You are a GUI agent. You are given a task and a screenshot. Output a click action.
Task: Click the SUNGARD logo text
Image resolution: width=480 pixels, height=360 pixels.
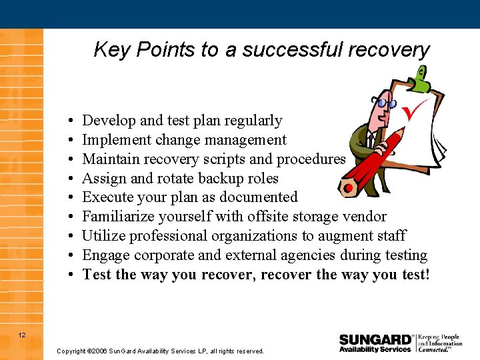tap(375, 339)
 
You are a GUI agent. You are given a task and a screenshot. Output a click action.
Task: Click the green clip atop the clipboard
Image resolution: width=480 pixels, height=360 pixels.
tap(419, 78)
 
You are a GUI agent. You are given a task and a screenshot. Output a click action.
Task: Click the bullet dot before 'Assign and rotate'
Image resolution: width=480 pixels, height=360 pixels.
tap(70, 179)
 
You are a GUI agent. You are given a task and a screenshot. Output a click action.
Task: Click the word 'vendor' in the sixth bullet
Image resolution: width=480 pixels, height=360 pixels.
tap(363, 217)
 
